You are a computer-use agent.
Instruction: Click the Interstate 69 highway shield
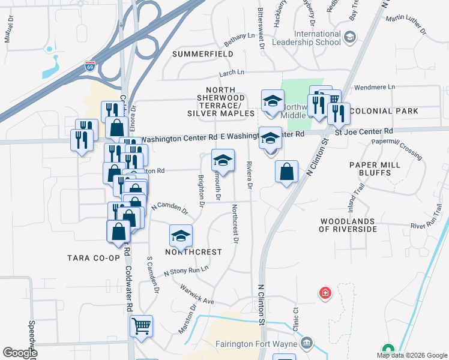coord(90,65)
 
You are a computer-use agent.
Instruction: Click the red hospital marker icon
coord(325,293)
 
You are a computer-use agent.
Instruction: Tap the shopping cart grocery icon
coord(142,326)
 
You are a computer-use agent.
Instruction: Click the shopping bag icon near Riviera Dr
coord(287,172)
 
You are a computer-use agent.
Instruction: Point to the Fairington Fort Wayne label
coord(262,343)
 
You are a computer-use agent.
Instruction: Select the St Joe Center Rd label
coord(364,131)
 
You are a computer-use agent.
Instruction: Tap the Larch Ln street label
coord(232,73)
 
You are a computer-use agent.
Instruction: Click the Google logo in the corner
coord(20,353)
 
